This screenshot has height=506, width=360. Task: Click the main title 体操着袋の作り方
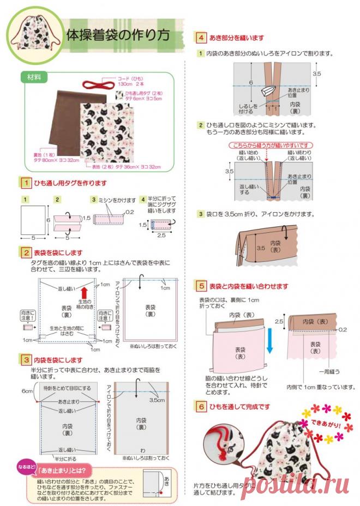coord(117,35)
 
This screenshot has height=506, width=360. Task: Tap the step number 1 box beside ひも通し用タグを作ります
coord(25,183)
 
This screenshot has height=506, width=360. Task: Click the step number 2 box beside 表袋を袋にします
coord(25,253)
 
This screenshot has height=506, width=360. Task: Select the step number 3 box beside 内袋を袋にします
coord(25,360)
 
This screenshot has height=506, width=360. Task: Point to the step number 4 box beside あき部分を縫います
coord(201,38)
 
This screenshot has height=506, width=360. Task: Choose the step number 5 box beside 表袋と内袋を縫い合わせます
coord(201,286)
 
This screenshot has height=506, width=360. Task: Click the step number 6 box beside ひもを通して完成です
coord(201,407)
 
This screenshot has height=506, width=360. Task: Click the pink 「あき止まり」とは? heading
coord(64,470)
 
